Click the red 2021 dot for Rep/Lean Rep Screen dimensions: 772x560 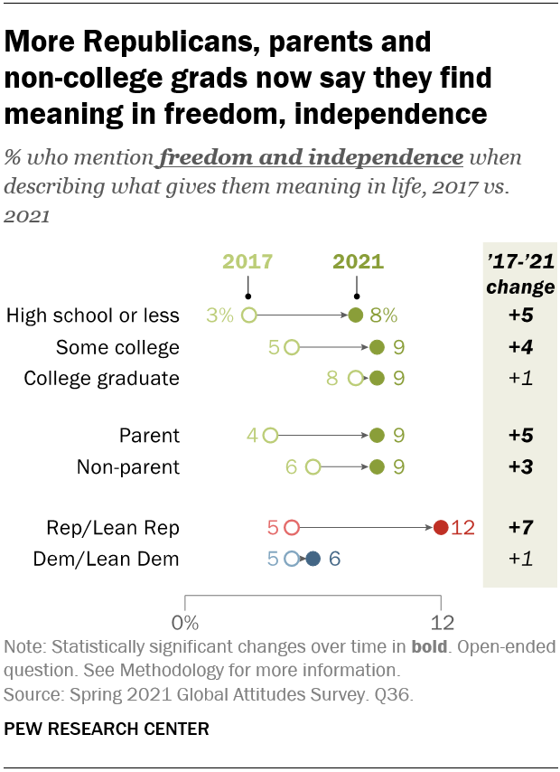[x=441, y=528]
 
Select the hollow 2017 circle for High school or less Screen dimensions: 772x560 [x=248, y=315]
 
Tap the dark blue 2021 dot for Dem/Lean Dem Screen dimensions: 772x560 [x=313, y=560]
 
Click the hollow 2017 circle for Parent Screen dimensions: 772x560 [x=270, y=436]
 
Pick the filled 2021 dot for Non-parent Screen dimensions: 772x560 [x=377, y=467]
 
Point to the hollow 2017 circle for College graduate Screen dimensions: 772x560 [x=355, y=379]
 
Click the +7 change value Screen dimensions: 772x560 [x=519, y=528]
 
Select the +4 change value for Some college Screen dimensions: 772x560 [x=519, y=347]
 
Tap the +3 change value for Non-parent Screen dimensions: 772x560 [x=519, y=467]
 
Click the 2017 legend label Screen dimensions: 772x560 [x=247, y=262]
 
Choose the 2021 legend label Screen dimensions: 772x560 [x=358, y=262]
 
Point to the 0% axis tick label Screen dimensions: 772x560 [x=185, y=623]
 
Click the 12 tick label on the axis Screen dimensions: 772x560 [x=441, y=623]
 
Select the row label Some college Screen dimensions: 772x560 [x=117, y=347]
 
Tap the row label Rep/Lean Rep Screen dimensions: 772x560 [x=113, y=528]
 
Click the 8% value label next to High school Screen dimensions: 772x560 [x=383, y=315]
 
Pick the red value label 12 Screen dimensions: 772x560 [x=462, y=528]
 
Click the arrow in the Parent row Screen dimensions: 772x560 [x=323, y=436]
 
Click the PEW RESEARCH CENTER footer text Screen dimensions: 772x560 [x=107, y=728]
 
